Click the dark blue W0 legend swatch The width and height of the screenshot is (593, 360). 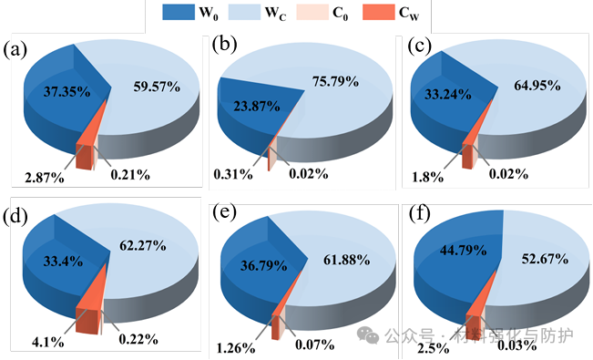pyautogui.click(x=179, y=12)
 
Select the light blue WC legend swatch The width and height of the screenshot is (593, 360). pyautogui.click(x=244, y=12)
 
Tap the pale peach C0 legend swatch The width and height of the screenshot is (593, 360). pyautogui.click(x=312, y=12)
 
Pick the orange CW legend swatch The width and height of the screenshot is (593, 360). pyautogui.click(x=379, y=12)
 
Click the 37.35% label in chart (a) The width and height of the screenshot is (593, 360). pyautogui.click(x=66, y=92)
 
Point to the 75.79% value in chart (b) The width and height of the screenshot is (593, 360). pyautogui.click(x=335, y=81)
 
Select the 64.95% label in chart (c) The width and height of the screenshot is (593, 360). pyautogui.click(x=537, y=86)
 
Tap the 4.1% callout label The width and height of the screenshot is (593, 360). pyautogui.click(x=48, y=342)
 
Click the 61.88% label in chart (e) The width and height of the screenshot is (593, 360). pyautogui.click(x=346, y=260)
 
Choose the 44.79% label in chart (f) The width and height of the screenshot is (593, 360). pyautogui.click(x=464, y=251)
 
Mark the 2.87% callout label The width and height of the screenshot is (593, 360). pyautogui.click(x=45, y=178)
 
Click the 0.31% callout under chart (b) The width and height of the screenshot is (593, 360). pyautogui.click(x=233, y=174)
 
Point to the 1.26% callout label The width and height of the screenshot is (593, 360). pyautogui.click(x=236, y=347)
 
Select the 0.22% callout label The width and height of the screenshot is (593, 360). pyautogui.click(x=138, y=339)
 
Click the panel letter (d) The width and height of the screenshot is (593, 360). pyautogui.click(x=15, y=216)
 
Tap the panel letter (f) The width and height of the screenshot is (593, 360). pyautogui.click(x=419, y=215)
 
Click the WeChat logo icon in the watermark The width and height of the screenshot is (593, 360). pyautogui.click(x=368, y=335)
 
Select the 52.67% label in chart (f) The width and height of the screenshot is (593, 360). pyautogui.click(x=545, y=259)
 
